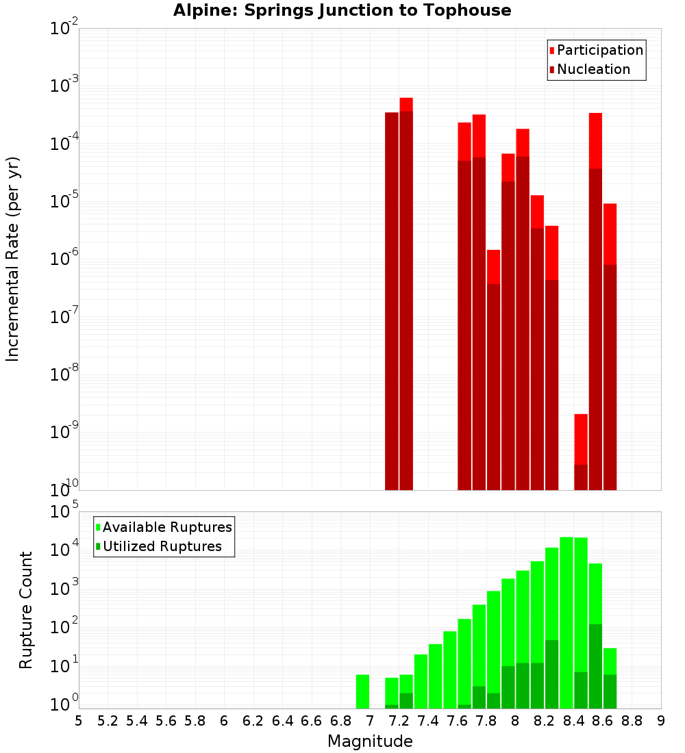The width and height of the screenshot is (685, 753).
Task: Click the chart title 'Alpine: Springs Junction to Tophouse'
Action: pyautogui.click(x=342, y=10)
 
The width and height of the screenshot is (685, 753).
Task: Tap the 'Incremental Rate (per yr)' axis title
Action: pyautogui.click(x=12, y=259)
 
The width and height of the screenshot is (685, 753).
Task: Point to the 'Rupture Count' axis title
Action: pyautogui.click(x=26, y=609)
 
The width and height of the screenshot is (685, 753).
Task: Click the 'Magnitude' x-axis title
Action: pyautogui.click(x=370, y=741)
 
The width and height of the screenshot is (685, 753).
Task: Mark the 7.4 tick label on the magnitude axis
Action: pyautogui.click(x=428, y=720)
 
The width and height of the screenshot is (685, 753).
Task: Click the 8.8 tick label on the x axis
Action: pyautogui.click(x=632, y=720)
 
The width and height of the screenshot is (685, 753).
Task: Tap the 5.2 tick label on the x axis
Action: pyautogui.click(x=108, y=720)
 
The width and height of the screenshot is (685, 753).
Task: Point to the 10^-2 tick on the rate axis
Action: pyautogui.click(x=64, y=29)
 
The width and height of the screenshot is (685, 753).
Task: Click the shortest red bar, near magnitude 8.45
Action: pyautogui.click(x=581, y=452)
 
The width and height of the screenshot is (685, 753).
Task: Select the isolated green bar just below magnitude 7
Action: pyautogui.click(x=362, y=691)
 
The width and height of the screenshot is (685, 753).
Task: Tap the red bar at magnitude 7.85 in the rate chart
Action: pyautogui.click(x=493, y=370)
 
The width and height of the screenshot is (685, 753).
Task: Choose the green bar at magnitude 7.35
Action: pyautogui.click(x=421, y=681)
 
